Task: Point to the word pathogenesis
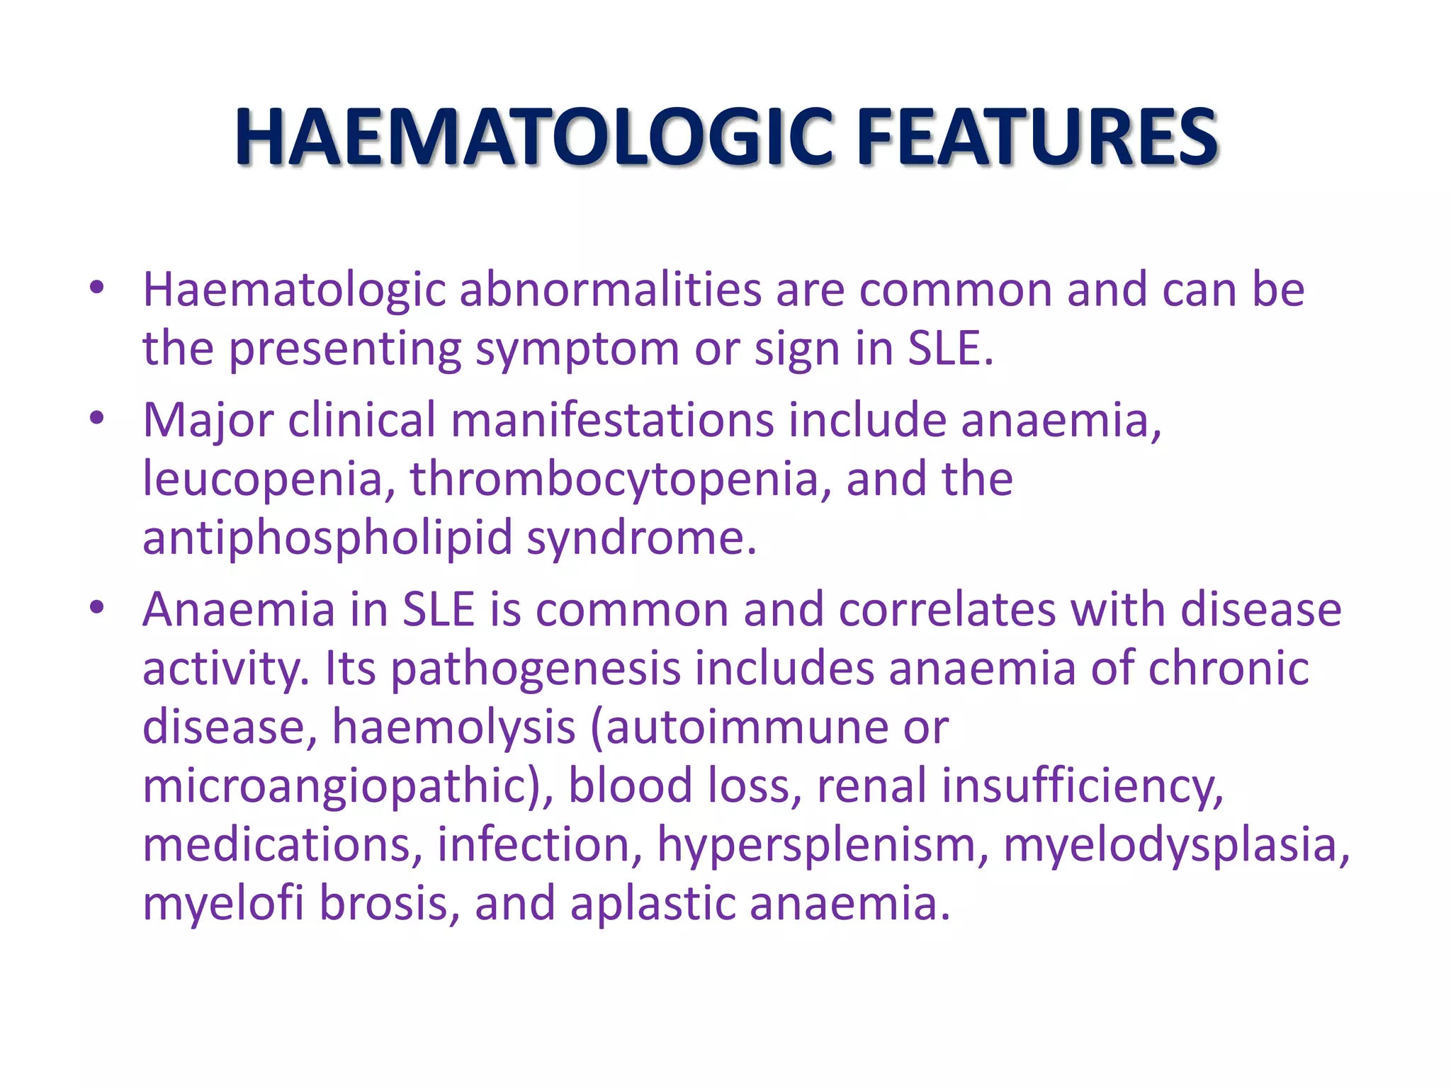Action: click(535, 669)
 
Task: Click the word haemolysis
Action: click(453, 727)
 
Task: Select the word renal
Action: click(871, 786)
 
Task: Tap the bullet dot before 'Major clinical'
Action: click(97, 418)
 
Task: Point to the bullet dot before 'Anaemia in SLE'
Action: click(97, 607)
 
